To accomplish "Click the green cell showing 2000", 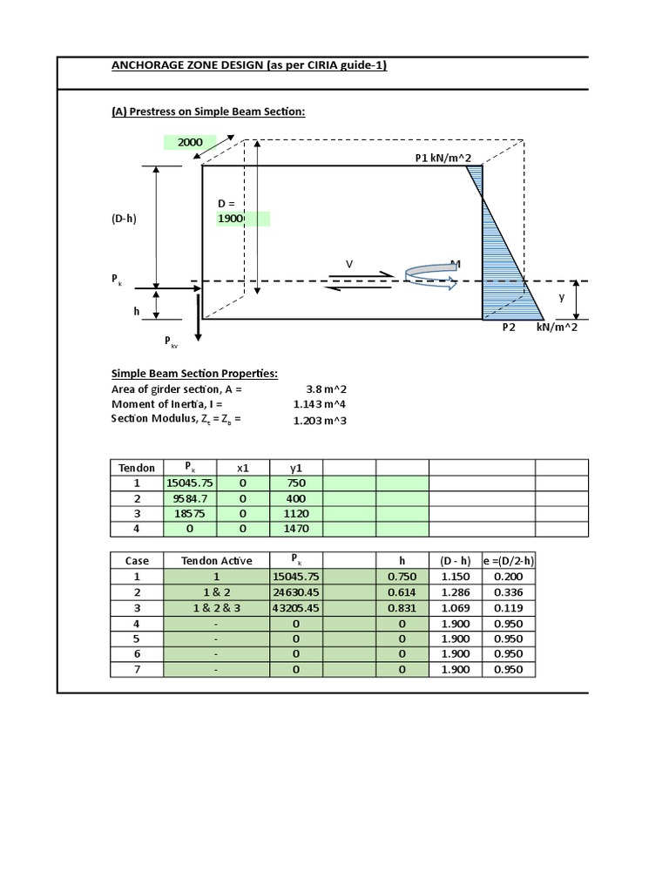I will coord(190,143).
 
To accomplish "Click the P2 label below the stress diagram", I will coord(509,328).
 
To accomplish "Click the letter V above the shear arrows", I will coord(349,264).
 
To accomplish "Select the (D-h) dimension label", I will coord(124,220).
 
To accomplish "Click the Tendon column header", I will coord(137,468).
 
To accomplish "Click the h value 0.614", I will coord(402,592).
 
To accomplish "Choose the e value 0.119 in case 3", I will coord(509,607).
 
